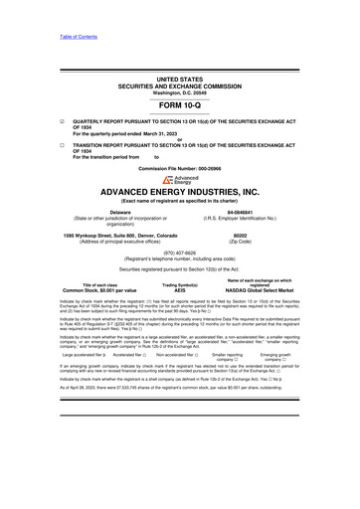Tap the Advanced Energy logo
pyautogui.click(x=179, y=180)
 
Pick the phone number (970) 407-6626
pyautogui.click(x=179, y=253)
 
